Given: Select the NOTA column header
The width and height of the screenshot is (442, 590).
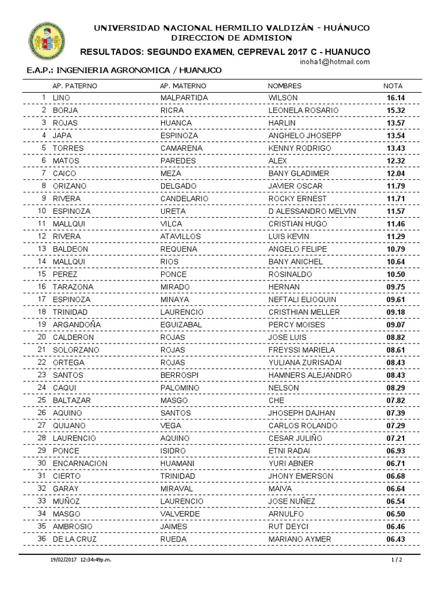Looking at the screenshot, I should pyautogui.click(x=390, y=86).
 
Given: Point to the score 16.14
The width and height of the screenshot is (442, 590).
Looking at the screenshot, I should pyautogui.click(x=396, y=98).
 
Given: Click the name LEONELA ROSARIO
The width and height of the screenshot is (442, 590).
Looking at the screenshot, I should pyautogui.click(x=304, y=110).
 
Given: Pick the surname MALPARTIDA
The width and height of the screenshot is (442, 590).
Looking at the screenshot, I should pyautogui.click(x=184, y=98).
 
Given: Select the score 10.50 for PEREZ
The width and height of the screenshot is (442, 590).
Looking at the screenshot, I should pyautogui.click(x=396, y=274).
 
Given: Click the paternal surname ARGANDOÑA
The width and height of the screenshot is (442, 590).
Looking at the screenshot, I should pyautogui.click(x=77, y=325).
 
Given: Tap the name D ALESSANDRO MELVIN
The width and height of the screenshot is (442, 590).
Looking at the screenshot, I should pyautogui.click(x=312, y=211).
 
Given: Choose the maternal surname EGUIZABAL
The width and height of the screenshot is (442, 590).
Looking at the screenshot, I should pyautogui.click(x=184, y=325).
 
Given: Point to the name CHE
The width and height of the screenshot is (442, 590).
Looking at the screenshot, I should pyautogui.click(x=277, y=400).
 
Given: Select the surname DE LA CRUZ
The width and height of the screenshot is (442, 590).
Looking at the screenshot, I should pyautogui.click(x=75, y=539).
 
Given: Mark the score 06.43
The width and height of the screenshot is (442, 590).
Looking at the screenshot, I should pyautogui.click(x=396, y=539).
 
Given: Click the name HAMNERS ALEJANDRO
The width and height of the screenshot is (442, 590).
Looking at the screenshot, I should pyautogui.click(x=310, y=375).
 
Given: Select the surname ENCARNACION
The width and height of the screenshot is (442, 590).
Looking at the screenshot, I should pyautogui.click(x=80, y=463).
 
